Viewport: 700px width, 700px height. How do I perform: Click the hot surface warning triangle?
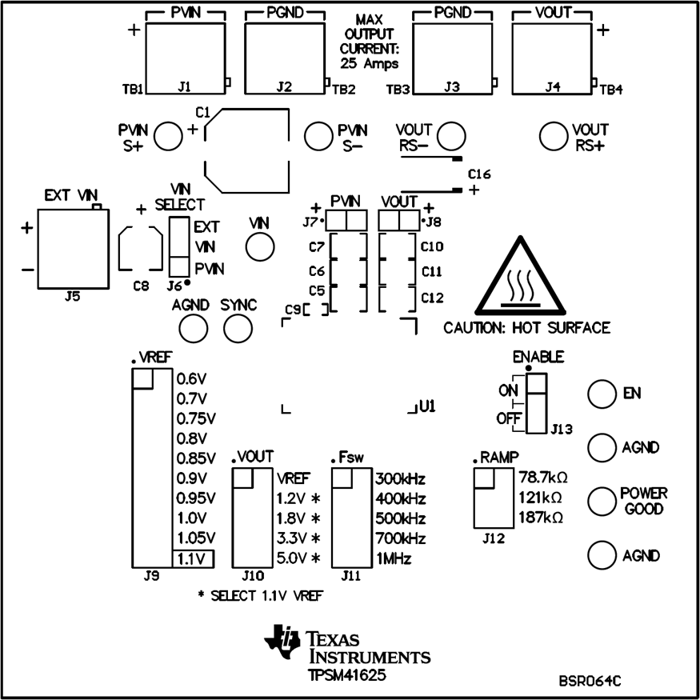526,280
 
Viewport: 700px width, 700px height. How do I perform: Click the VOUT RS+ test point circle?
554,136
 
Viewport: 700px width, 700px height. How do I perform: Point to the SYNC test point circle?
238,328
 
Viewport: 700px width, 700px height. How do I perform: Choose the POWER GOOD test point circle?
602,500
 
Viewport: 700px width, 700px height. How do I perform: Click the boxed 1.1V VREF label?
193,558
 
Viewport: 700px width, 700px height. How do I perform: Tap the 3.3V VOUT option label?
292,538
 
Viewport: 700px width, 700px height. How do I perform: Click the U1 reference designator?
426,407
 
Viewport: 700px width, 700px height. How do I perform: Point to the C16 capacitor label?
479,174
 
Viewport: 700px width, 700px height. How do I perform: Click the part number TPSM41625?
346,675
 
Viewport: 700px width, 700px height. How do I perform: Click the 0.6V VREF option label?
191,379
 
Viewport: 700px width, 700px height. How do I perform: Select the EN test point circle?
602,393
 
